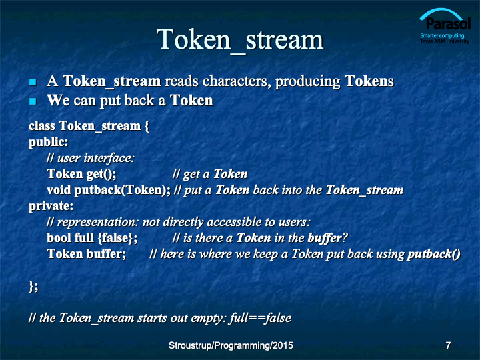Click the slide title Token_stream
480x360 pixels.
pyautogui.click(x=240, y=40)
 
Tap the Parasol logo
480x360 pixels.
pyautogui.click(x=445, y=26)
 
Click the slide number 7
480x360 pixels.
pyautogui.click(x=448, y=345)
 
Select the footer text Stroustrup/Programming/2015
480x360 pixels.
pyautogui.click(x=231, y=345)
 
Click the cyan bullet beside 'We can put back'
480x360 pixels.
pyautogui.click(x=33, y=101)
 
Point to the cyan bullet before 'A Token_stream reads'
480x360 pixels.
pyautogui.click(x=33, y=82)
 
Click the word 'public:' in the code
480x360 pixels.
pyautogui.click(x=49, y=142)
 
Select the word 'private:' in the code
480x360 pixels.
pyautogui.click(x=51, y=206)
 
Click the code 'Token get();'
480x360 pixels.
pyautogui.click(x=81, y=174)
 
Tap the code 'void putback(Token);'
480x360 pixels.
pyautogui.click(x=109, y=190)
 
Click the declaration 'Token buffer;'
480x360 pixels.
pyautogui.click(x=86, y=254)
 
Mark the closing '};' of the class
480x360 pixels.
pyautogui.click(x=33, y=287)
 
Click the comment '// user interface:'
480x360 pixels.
pyautogui.click(x=91, y=158)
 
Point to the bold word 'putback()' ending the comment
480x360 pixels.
pyautogui.click(x=434, y=254)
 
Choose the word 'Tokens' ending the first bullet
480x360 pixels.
pyautogui.click(x=369, y=81)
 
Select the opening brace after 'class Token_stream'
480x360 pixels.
pyautogui.click(x=147, y=126)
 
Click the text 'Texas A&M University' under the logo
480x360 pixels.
pyautogui.click(x=445, y=41)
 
